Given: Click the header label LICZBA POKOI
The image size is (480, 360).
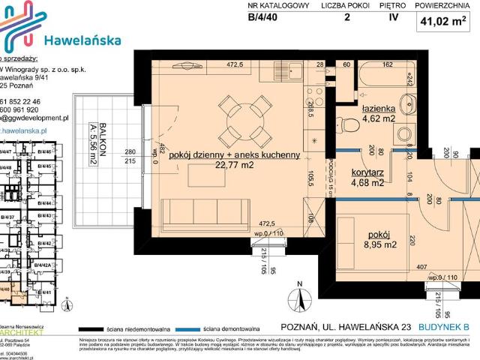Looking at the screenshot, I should (x=346, y=5).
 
